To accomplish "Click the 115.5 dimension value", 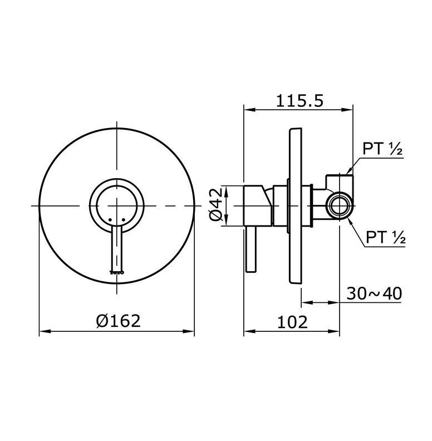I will [300, 101].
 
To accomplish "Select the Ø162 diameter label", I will [117, 321].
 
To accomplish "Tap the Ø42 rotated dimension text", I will [217, 205].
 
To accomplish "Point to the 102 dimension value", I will [292, 321].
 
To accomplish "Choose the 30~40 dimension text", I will [374, 293].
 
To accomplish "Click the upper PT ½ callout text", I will [382, 149].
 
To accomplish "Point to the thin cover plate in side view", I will [295, 205].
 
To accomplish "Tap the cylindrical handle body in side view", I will [258, 205].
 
